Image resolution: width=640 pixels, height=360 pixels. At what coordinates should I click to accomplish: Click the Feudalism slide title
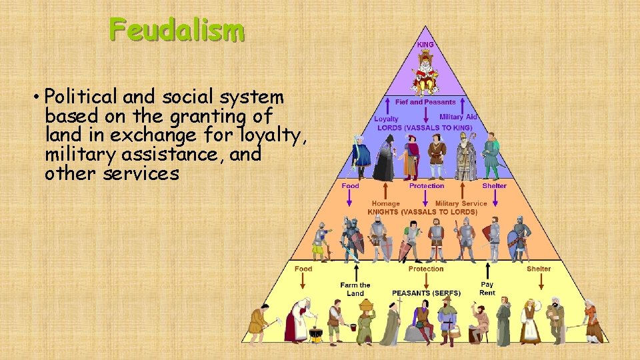point(177,30)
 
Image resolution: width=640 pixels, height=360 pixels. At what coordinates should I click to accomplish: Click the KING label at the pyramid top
point(425,45)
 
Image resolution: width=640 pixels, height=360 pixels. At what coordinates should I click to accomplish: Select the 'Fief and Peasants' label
point(425,103)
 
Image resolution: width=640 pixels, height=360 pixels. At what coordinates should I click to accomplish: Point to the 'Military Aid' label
point(458,117)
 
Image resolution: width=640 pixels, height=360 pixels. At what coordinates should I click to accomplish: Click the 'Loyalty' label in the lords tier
point(386,119)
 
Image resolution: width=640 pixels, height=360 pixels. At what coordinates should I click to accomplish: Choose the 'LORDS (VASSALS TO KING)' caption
point(425,127)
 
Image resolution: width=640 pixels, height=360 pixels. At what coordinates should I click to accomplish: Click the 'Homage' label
point(385,203)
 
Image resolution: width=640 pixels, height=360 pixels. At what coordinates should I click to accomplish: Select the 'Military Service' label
point(461,203)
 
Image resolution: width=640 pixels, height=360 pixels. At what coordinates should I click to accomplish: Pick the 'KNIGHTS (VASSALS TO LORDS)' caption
point(422,212)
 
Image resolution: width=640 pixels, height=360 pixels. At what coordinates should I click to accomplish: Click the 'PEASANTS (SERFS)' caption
point(426,293)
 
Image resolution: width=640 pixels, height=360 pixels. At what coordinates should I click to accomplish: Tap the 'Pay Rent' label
point(487,289)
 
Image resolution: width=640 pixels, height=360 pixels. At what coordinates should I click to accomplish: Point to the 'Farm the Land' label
point(355,289)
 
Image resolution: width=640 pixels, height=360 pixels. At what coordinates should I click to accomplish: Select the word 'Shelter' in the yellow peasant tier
point(539,269)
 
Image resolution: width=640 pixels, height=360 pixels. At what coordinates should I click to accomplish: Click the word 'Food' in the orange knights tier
point(350,186)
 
